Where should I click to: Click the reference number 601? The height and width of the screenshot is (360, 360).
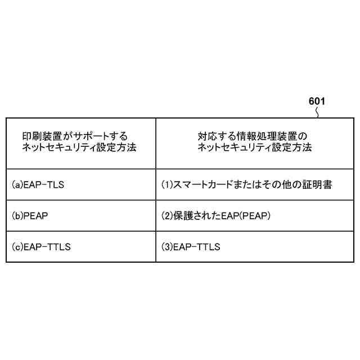[317, 102]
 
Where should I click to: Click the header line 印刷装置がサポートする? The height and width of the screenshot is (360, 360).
[75, 136]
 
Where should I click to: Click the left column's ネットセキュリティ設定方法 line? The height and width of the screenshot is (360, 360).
[79, 148]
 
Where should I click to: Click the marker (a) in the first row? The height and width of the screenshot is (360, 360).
[17, 184]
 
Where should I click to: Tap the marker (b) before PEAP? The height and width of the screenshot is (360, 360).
[17, 215]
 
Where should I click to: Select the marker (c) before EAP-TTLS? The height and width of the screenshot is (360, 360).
[17, 246]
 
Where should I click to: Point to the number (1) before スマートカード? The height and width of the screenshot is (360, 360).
[167, 184]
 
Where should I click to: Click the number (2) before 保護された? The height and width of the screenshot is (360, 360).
[167, 215]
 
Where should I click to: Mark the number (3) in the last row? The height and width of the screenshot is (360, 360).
[167, 246]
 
